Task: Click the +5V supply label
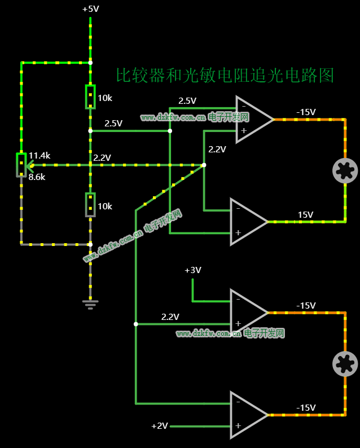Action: point(90,9)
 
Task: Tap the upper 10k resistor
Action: point(90,96)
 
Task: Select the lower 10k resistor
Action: point(90,204)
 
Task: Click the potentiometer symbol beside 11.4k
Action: point(21,165)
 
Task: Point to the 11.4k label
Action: point(39,155)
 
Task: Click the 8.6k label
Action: point(37,177)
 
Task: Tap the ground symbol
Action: point(90,304)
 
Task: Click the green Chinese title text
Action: point(225,76)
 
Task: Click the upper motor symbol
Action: point(345,170)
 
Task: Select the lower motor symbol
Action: point(345,363)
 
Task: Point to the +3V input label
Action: point(192,270)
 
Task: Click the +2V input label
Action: point(159,425)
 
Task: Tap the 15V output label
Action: point(305,214)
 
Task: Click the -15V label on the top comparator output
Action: point(306,112)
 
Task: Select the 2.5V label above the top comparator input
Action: point(187,101)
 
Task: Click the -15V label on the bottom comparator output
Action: point(306,407)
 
